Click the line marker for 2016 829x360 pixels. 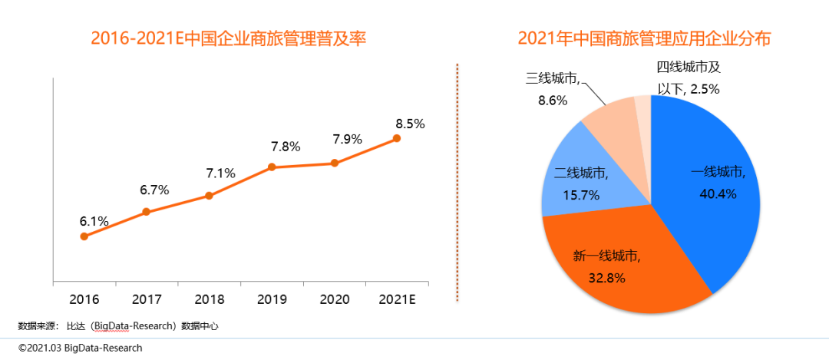(x=84, y=236)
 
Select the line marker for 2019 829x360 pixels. (x=272, y=167)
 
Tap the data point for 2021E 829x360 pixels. (x=397, y=138)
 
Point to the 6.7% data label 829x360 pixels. (x=155, y=190)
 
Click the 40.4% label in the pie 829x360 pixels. (x=718, y=194)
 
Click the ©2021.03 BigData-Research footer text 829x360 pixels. (x=81, y=348)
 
